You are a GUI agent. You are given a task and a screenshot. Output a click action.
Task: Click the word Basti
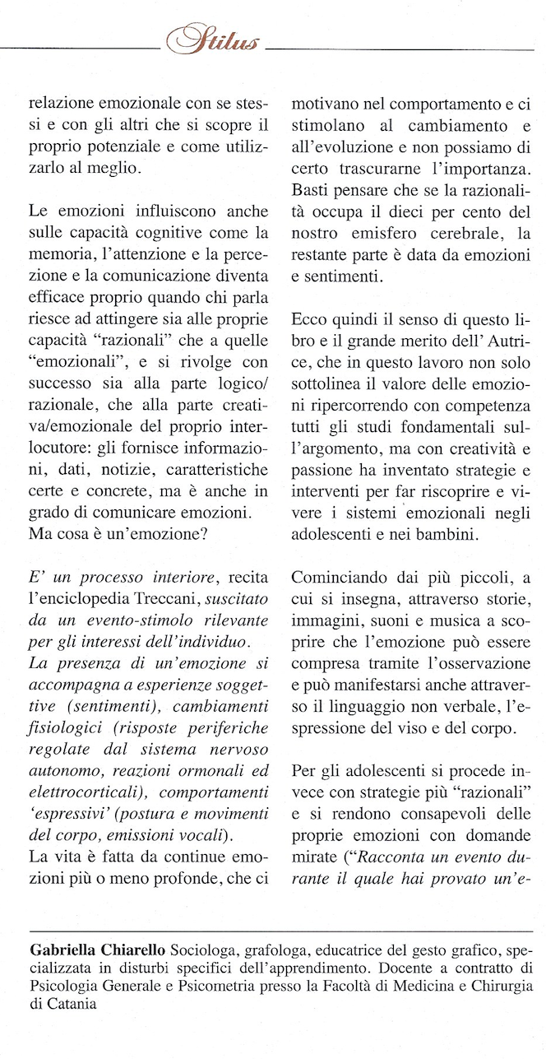coord(311,190)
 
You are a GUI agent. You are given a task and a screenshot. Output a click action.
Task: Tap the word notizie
coord(150,469)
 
